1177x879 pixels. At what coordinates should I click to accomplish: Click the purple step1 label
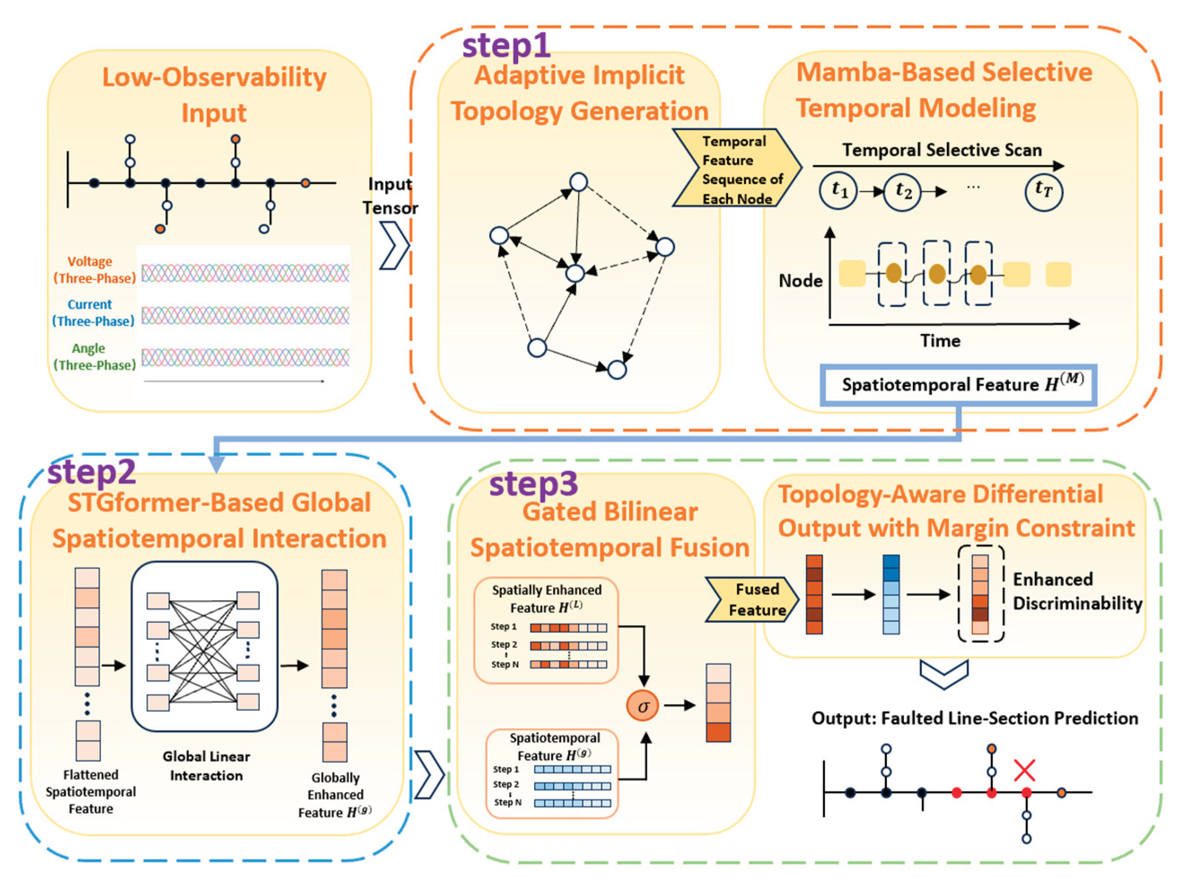click(506, 46)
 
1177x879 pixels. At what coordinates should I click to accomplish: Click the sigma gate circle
click(643, 706)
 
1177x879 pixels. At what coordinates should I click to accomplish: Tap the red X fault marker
click(1024, 770)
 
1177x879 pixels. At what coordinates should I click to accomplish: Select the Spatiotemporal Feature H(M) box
click(958, 385)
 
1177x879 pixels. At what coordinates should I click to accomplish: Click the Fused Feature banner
click(752, 600)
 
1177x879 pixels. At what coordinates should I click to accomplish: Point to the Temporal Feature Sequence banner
click(737, 168)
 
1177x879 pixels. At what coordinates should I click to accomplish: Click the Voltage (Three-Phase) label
click(94, 270)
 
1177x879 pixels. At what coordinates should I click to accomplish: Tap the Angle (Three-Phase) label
click(94, 357)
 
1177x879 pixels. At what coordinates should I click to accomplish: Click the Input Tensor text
click(390, 196)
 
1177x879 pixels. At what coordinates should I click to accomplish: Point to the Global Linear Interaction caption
click(206, 766)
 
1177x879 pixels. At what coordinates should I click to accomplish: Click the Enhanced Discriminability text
click(1077, 591)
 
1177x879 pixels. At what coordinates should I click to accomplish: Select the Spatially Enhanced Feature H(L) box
click(546, 630)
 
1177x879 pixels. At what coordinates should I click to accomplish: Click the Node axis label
click(800, 280)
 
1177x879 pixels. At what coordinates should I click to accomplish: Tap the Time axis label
click(940, 340)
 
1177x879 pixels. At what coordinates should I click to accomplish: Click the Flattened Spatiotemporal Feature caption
click(91, 791)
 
